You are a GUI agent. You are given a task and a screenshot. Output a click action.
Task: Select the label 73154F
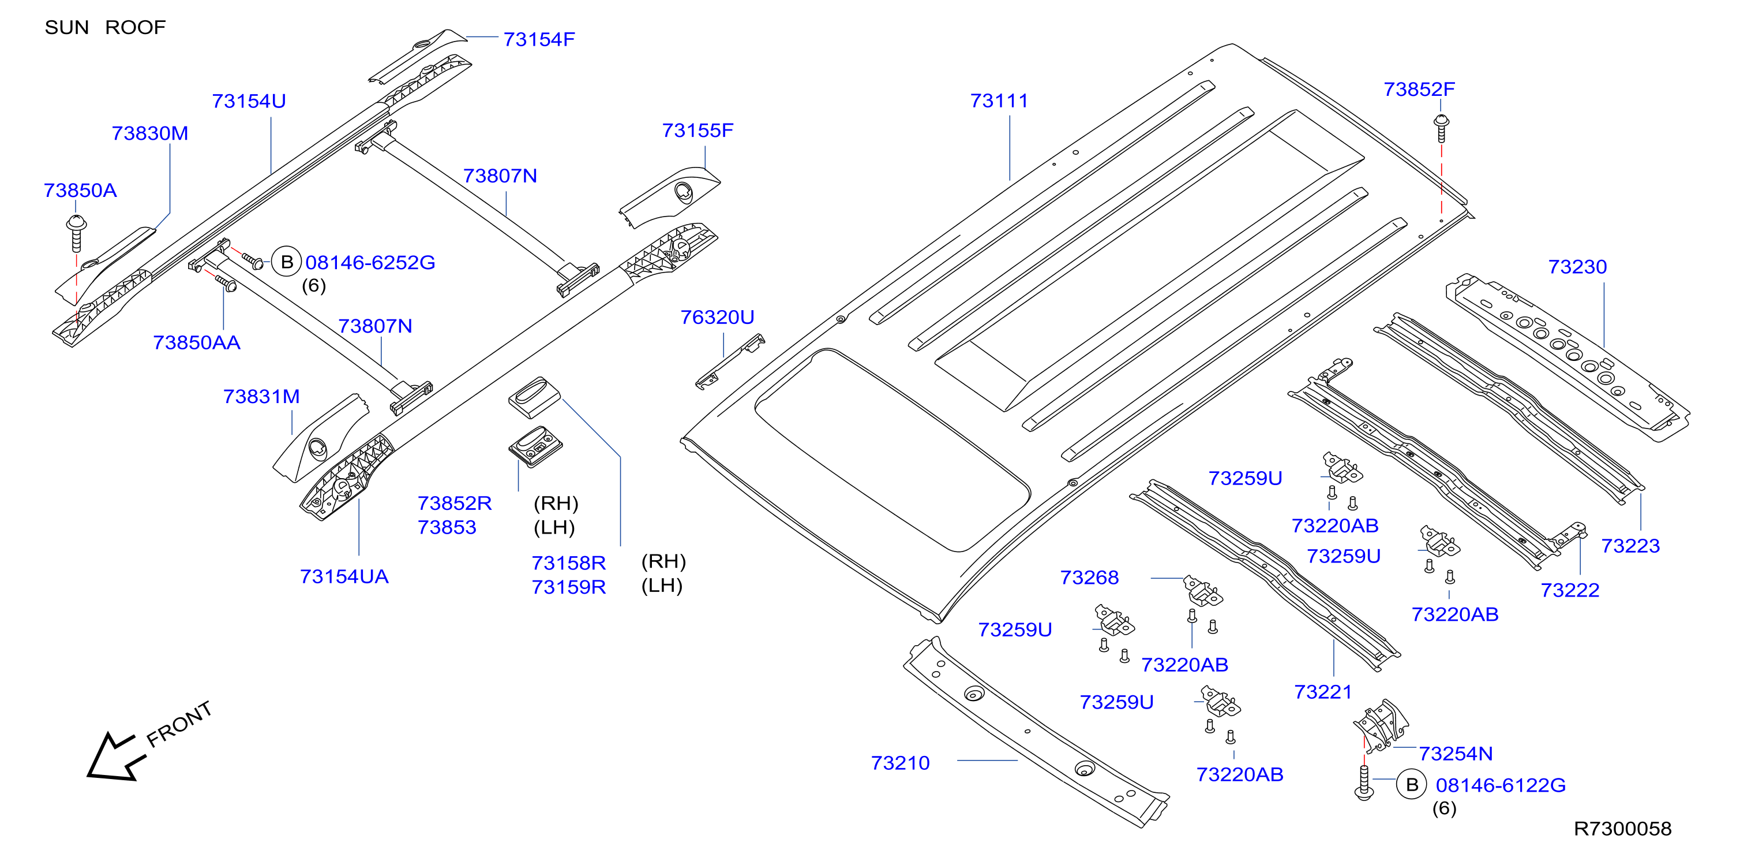pos(539,39)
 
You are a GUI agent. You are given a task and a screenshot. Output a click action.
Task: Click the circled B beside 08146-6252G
pos(286,262)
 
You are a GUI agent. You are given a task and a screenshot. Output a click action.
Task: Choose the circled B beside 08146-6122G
pos(1411,785)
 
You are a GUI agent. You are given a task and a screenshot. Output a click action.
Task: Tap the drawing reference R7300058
pos(1622,829)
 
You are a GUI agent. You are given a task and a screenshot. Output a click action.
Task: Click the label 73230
pos(1577,266)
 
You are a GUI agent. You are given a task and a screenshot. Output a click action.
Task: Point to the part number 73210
pos(901,763)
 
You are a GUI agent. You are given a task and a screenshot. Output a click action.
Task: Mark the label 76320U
pos(717,317)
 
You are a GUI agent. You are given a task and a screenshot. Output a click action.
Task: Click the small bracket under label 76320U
pos(729,362)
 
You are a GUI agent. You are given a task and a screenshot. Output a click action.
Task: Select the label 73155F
pos(697,131)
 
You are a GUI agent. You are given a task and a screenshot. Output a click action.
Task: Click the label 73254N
pos(1456,754)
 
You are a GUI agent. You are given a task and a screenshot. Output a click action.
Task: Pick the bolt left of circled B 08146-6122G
pos(1364,783)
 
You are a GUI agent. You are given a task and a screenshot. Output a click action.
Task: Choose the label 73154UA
pos(344,576)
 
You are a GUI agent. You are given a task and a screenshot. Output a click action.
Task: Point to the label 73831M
pos(261,397)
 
